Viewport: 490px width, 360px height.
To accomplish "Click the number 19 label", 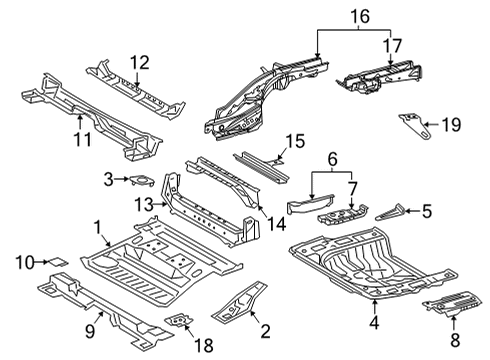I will [452, 125].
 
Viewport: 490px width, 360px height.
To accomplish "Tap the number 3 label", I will [109, 179].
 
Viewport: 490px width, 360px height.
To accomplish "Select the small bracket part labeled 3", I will [139, 180].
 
